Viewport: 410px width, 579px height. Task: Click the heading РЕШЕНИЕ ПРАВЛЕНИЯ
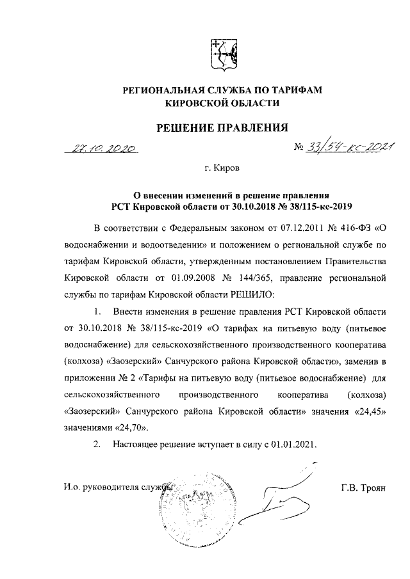coord(222,128)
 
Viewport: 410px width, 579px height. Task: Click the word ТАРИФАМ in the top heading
coord(290,90)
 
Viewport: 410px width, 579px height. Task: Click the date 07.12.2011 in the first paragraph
coord(277,228)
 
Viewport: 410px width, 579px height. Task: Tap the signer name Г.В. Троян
coord(364,488)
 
